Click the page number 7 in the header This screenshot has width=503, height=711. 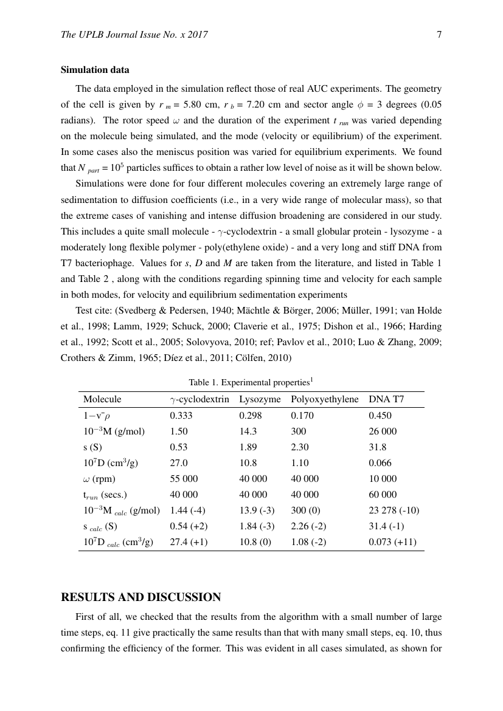click(x=439, y=35)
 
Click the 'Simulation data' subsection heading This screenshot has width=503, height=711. click(x=95, y=70)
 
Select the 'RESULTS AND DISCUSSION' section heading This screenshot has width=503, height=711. click(x=141, y=597)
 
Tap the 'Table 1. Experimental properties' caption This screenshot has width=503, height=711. click(x=251, y=382)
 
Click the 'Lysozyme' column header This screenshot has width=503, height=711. click(x=260, y=399)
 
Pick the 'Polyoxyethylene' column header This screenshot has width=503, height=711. click(x=325, y=399)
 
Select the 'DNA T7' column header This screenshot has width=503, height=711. click(x=386, y=399)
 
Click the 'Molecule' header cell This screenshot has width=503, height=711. click(x=102, y=399)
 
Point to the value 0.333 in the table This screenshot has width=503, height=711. click(x=180, y=416)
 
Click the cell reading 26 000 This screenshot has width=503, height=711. click(x=383, y=431)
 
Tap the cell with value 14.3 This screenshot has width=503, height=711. click(x=247, y=431)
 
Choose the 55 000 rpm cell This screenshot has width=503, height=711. click(x=184, y=479)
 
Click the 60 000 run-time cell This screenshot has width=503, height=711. click(x=383, y=495)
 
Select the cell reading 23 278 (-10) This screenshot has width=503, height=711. click(x=394, y=510)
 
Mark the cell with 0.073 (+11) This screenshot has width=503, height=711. click(x=392, y=542)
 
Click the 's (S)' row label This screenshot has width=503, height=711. click(x=92, y=447)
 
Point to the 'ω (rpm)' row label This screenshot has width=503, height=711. click(x=99, y=479)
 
